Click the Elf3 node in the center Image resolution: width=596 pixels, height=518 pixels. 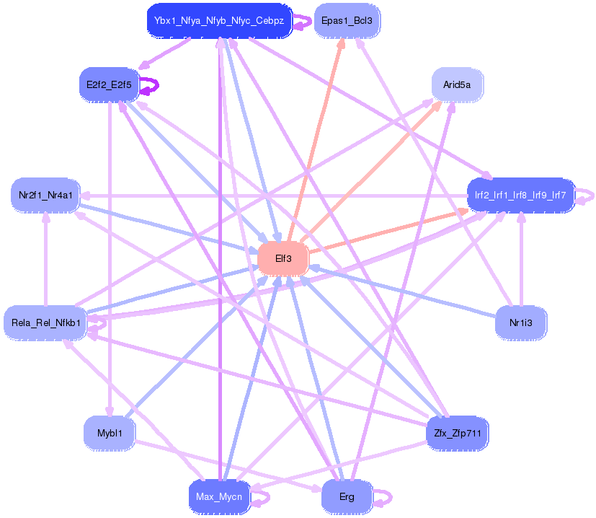(283, 259)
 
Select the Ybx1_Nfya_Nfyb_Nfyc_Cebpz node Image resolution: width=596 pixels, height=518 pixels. (219, 21)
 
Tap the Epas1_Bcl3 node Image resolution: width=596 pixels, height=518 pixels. (347, 21)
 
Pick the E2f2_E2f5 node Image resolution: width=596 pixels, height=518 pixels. (109, 85)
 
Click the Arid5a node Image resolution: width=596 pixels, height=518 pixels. (457, 85)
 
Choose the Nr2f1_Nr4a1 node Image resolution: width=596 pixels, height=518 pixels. (45, 195)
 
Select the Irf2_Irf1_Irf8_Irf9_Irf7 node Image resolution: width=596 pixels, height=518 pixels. (520, 195)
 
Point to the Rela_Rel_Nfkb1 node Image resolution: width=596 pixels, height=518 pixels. (45, 322)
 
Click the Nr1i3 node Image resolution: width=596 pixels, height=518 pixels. (520, 322)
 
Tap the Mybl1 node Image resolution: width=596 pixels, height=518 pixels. (109, 433)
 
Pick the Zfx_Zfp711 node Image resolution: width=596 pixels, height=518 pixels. (458, 433)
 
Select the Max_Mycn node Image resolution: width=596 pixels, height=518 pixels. (219, 497)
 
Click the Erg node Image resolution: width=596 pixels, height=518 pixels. (347, 497)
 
